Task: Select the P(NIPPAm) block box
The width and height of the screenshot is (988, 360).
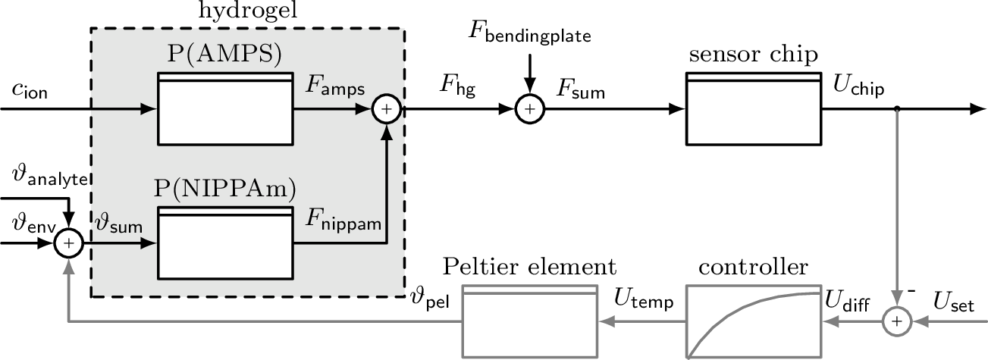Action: [224, 243]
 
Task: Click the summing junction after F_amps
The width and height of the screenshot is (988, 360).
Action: [386, 110]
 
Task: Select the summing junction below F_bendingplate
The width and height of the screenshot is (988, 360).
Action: [529, 110]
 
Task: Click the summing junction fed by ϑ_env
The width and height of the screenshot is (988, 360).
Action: [69, 243]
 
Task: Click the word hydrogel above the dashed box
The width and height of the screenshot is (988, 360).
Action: [248, 12]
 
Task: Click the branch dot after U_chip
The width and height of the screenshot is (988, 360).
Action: [897, 110]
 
